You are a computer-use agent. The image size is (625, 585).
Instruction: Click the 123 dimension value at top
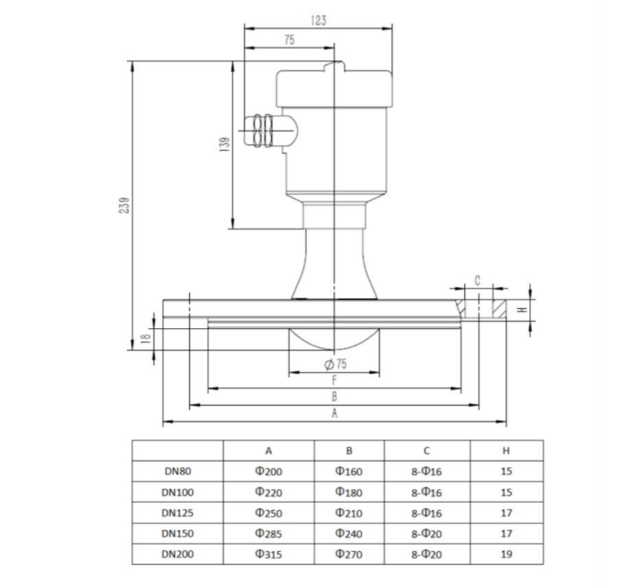pyautogui.click(x=317, y=19)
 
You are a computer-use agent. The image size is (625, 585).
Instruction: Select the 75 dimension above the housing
pyautogui.click(x=290, y=40)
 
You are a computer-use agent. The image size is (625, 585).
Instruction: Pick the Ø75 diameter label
pyautogui.click(x=335, y=365)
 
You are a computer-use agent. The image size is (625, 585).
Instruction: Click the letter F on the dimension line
pyautogui.click(x=334, y=379)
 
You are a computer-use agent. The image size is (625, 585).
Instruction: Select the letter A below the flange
pyautogui.click(x=334, y=413)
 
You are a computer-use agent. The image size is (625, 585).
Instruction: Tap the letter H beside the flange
pyautogui.click(x=522, y=309)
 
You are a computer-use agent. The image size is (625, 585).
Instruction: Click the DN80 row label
pyautogui.click(x=177, y=473)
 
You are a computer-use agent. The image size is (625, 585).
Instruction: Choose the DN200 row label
pyautogui.click(x=177, y=554)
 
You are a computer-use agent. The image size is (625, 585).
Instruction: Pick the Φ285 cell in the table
pyautogui.click(x=269, y=534)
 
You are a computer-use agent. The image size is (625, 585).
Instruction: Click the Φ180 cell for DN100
pyautogui.click(x=349, y=493)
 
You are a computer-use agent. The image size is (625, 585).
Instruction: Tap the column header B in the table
pyautogui.click(x=349, y=451)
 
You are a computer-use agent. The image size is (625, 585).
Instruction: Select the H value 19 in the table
pyautogui.click(x=507, y=554)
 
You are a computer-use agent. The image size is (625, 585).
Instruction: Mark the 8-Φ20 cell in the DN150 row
pyautogui.click(x=427, y=534)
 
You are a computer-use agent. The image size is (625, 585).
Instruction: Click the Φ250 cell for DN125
pyautogui.click(x=269, y=513)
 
